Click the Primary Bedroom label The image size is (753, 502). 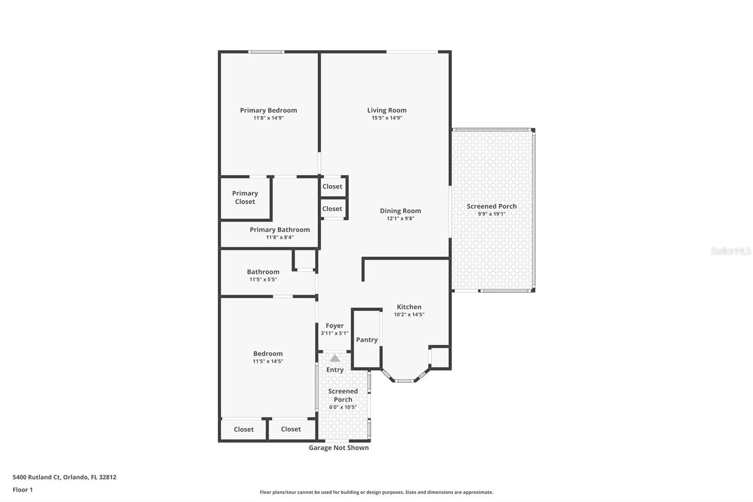click(x=268, y=110)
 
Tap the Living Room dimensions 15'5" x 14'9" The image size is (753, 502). click(x=387, y=118)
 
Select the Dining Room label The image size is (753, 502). click(x=401, y=211)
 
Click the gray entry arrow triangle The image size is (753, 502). click(x=335, y=358)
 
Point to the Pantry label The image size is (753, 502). click(x=367, y=340)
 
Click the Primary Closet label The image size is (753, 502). click(x=245, y=197)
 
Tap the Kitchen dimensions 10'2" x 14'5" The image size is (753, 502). click(x=409, y=315)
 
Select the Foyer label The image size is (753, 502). click(x=335, y=325)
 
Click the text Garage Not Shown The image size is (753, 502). click(x=338, y=448)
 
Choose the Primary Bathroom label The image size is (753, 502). click(x=280, y=230)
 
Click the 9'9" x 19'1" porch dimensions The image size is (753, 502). click(x=492, y=214)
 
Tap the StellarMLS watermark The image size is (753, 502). click(x=730, y=251)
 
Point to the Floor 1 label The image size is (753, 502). click(x=23, y=490)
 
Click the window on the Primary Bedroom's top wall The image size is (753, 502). click(x=266, y=52)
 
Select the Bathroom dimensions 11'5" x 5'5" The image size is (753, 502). click(x=263, y=280)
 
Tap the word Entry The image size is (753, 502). click(x=335, y=370)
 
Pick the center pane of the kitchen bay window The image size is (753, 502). click(x=404, y=380)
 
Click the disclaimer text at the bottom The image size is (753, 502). click(x=376, y=492)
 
